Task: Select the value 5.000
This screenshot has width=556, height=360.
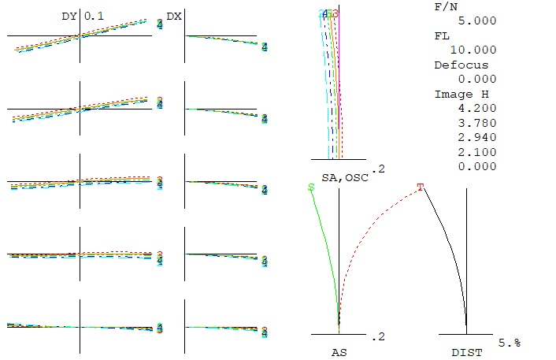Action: pyautogui.click(x=477, y=20)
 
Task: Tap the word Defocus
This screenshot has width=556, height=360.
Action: pyautogui.click(x=461, y=65)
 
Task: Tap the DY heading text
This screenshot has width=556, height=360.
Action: pyautogui.click(x=69, y=16)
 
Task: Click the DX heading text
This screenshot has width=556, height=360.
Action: pyautogui.click(x=174, y=16)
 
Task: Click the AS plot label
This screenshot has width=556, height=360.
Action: pyautogui.click(x=339, y=353)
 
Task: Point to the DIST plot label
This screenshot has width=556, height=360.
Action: pyautogui.click(x=467, y=353)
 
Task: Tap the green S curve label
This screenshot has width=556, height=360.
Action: pyautogui.click(x=311, y=187)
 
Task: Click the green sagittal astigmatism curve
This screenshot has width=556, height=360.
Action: pyautogui.click(x=326, y=244)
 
